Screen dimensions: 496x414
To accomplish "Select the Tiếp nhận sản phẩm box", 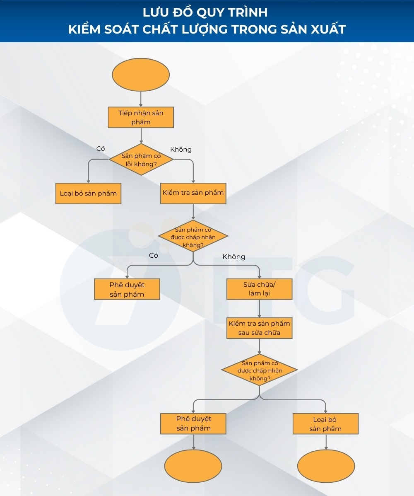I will coord(141,117).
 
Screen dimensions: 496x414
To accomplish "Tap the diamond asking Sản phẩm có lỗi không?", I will coord(141,160).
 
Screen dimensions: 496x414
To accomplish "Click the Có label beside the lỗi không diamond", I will coord(101,148).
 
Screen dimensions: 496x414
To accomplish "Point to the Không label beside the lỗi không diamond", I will coord(181,149).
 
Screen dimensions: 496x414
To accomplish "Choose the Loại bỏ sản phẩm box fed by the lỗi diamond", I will coord(88,194).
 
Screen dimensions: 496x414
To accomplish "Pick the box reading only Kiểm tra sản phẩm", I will coord(193,193).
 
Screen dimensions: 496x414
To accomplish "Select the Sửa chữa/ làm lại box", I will coord(259,289).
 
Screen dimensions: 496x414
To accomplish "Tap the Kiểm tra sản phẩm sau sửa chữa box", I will coord(259,328).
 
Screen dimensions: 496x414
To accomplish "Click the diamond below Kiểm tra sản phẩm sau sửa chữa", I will coord(259,370).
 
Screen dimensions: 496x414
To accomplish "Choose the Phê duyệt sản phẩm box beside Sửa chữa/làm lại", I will coord(127,289).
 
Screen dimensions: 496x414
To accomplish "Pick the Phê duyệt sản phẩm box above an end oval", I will coord(193,423).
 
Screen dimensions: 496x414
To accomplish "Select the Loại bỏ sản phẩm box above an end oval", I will coord(325,423).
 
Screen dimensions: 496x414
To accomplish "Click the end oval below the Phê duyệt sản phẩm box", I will coord(193,466).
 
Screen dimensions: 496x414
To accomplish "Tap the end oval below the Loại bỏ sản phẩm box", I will coord(326,466).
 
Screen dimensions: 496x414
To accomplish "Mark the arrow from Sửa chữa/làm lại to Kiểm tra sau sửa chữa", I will coord(259,309).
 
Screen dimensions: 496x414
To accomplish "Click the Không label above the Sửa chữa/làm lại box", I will coord(234,257).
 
